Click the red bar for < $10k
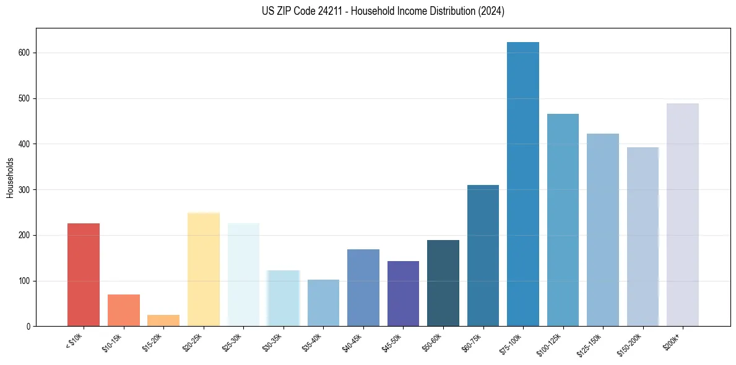(84, 275)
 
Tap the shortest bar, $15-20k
(163, 320)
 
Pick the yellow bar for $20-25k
(204, 269)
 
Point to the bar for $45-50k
(403, 294)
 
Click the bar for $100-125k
(563, 220)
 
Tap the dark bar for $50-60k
(443, 283)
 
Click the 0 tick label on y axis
(28, 327)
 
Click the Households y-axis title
(11, 178)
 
